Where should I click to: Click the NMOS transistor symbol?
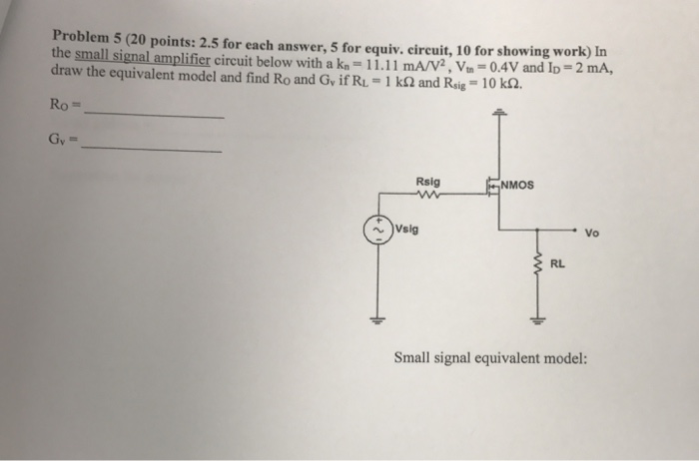tap(492, 187)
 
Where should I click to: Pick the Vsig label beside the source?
tap(406, 227)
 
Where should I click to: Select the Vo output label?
tap(592, 236)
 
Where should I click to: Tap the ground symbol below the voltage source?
tap(378, 321)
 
